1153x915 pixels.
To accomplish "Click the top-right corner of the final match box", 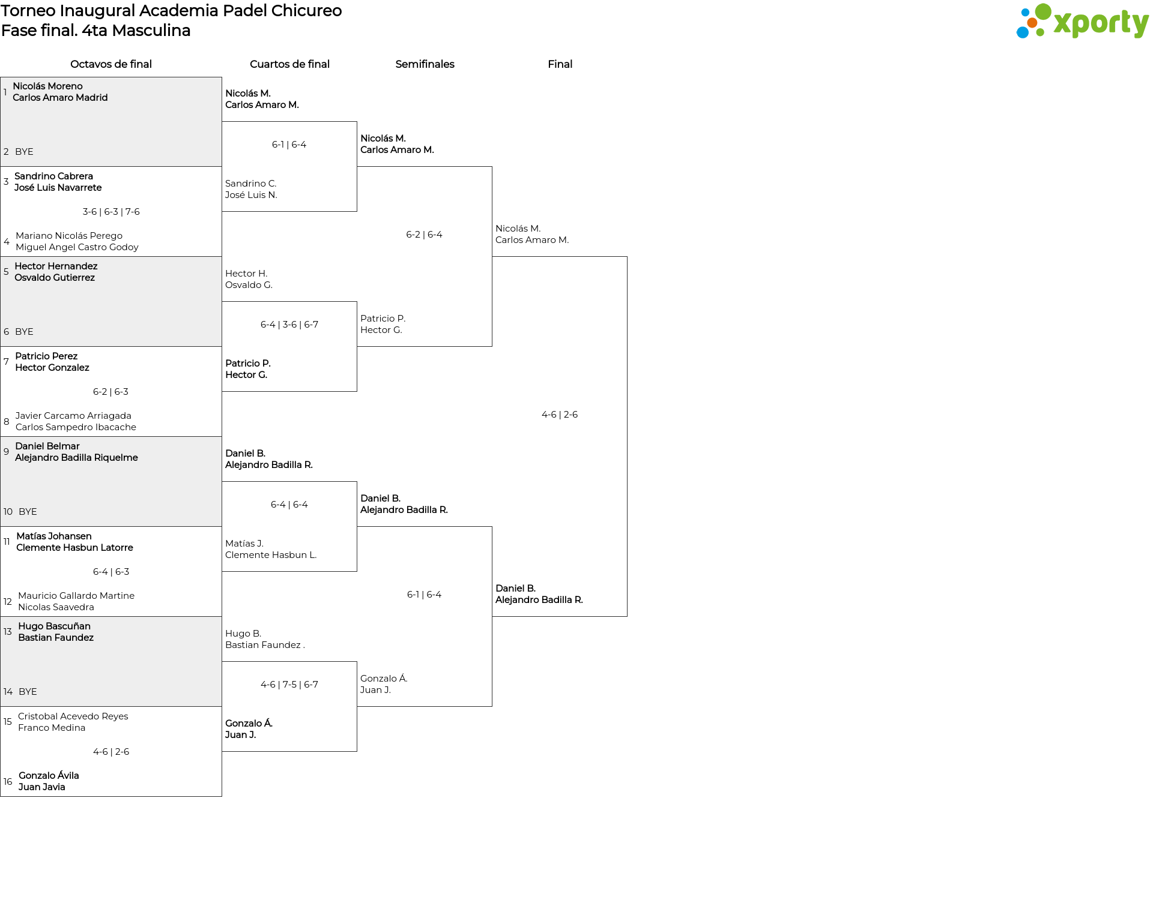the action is [627, 257].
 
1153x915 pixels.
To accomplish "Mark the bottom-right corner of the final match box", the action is [627, 616].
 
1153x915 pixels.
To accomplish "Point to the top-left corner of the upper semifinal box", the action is [357, 167].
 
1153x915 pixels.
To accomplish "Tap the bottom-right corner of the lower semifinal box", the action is [492, 706].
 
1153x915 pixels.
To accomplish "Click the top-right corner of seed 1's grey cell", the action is [222, 77].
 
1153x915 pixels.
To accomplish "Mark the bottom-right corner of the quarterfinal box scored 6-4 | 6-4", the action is [357, 571].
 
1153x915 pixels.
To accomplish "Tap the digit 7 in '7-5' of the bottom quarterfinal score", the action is [285, 685].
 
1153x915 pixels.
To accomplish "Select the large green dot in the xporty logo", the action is [1043, 12].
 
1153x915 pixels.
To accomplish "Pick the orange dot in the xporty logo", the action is [1032, 23].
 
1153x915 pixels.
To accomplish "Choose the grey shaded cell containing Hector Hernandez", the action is [111, 302].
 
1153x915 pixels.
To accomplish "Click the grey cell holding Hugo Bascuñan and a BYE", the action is [111, 661].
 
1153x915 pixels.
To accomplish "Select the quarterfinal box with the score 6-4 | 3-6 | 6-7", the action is [289, 346].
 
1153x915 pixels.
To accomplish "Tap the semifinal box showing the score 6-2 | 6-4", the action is [425, 256].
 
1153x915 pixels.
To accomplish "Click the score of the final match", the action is [560, 415].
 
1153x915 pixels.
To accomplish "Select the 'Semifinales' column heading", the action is [425, 64].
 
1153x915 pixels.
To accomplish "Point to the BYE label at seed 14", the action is [28, 692].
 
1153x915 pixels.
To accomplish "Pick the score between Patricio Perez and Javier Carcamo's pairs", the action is [110, 392].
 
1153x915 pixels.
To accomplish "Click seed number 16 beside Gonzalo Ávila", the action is [8, 782].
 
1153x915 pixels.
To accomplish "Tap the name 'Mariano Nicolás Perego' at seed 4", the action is [69, 236].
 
